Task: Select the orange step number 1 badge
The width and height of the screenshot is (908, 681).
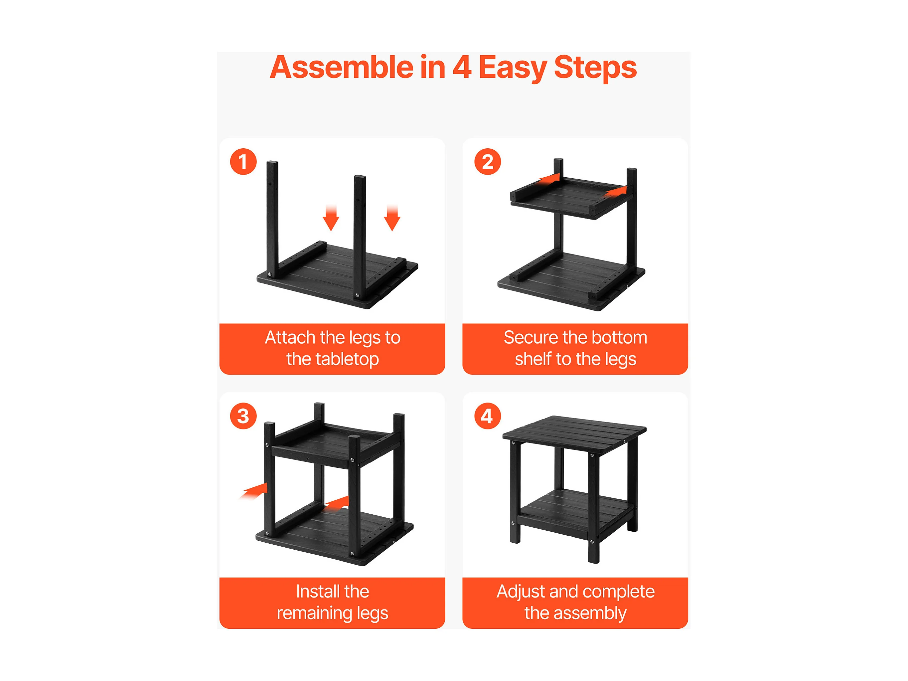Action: coord(243,162)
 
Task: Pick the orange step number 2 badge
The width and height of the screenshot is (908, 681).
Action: coord(488,162)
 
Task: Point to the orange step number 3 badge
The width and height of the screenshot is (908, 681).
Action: coord(243,416)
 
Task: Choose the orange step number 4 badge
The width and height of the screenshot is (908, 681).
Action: coord(488,416)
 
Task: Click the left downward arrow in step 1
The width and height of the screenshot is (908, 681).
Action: coord(331,218)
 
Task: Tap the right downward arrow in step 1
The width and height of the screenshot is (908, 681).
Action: coord(392,218)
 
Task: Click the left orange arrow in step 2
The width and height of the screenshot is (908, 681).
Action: coord(549,179)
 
